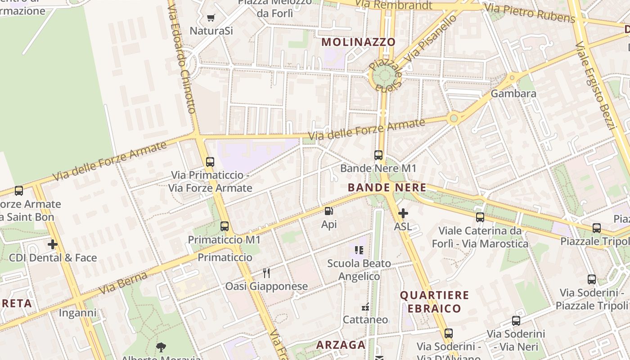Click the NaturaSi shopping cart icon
click(211, 18)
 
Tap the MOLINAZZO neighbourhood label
click(359, 42)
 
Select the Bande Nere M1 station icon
click(378, 155)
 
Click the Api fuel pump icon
click(329, 211)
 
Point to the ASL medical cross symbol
click(403, 213)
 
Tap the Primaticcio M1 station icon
click(225, 226)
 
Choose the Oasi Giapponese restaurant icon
click(266, 273)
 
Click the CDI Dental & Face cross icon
click(53, 244)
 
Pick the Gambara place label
click(513, 94)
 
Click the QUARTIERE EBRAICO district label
click(435, 301)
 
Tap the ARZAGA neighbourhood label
click(341, 345)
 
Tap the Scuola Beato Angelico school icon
click(359, 250)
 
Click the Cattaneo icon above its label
click(365, 307)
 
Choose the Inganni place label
click(78, 313)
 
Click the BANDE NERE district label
click(387, 188)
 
